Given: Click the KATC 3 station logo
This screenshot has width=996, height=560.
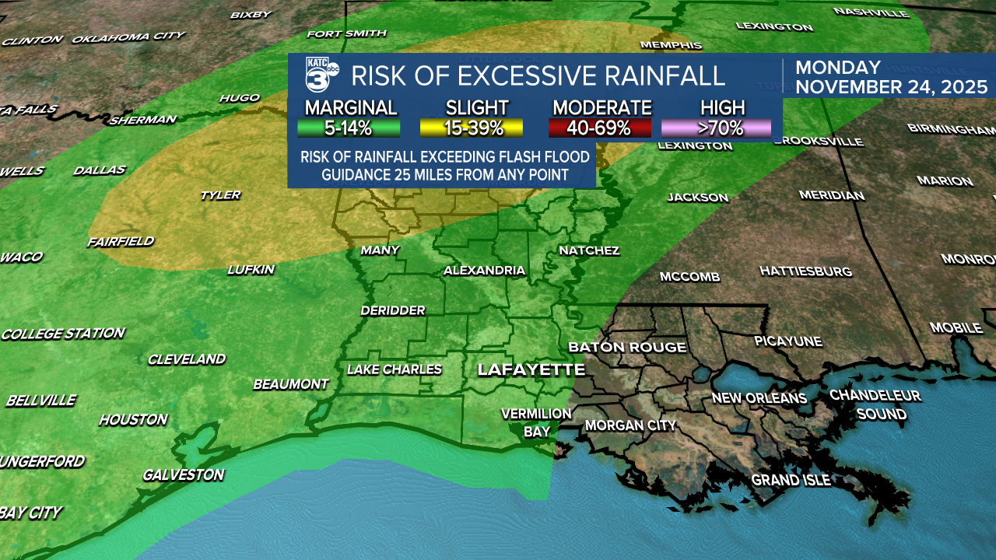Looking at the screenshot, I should coord(321,75).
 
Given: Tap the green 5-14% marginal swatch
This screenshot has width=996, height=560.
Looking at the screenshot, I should coord(349,128).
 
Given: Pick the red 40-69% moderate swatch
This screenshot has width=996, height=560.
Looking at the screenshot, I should coord(601,128).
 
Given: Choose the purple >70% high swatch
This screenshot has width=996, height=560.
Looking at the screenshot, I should coord(716,128).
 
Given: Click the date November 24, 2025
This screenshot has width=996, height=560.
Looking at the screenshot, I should coord(891,86).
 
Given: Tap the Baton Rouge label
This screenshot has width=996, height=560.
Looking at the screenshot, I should coord(627,347).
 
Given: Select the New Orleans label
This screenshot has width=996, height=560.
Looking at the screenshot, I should coord(759,398).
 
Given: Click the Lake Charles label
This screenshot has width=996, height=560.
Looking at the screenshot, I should coord(394,369).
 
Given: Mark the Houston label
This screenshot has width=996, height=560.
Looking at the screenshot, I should coord(133,420).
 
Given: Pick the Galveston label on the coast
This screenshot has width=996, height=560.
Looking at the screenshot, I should coord(183,475).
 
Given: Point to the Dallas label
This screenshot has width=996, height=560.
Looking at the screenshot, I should coord(100,170).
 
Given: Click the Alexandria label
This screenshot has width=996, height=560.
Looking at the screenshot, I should coord(484,271).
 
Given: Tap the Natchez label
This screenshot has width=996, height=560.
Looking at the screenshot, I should coord(589,250).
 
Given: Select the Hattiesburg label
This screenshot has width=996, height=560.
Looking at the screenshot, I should coord(805,271).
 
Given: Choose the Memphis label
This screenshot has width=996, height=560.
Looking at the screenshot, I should coord(671,46).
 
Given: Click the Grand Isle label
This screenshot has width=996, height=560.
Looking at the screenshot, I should coord(791,481).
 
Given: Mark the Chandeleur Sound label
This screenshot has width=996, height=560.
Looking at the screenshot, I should coord(875,404).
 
